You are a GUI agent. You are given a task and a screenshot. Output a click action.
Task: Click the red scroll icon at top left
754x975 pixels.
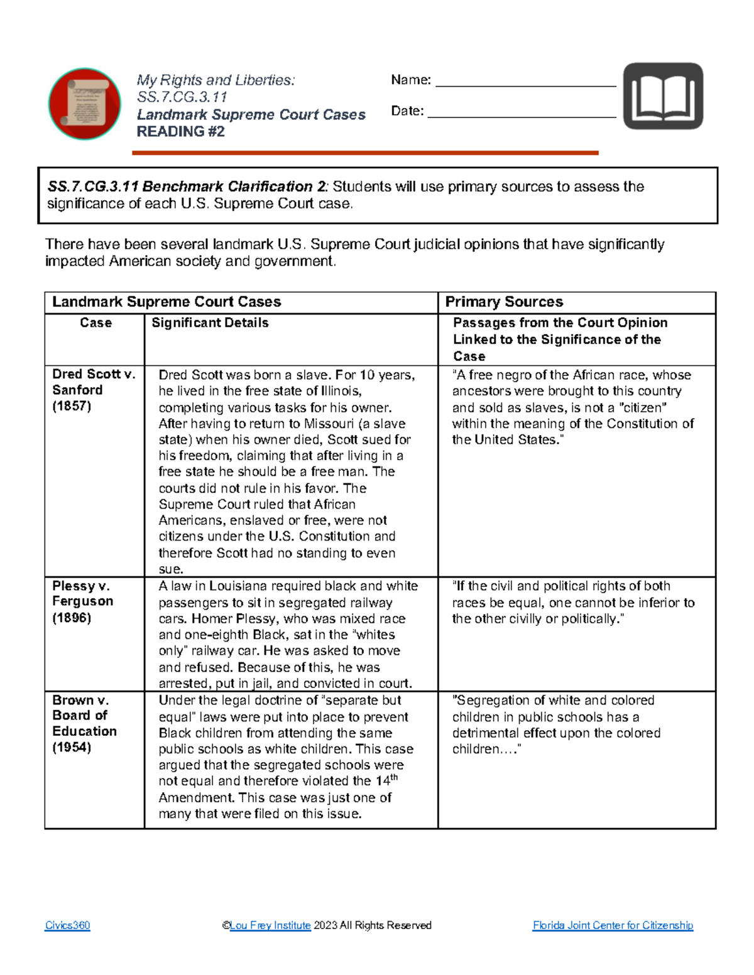point(85,104)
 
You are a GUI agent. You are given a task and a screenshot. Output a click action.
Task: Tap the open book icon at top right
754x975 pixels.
point(663,96)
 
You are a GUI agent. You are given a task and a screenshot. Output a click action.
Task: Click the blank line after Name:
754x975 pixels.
point(525,82)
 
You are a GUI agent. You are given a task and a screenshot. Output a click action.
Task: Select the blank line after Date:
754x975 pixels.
point(522,114)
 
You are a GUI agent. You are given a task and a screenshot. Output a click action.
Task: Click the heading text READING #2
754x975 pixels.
point(180,132)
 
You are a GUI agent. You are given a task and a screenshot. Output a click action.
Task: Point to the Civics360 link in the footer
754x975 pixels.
point(67,925)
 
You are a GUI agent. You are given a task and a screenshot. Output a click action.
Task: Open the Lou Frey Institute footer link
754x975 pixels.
point(270,925)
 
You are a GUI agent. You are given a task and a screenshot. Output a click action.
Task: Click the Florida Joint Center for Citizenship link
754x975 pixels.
point(613,925)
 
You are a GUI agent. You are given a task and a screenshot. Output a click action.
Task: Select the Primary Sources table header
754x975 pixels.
point(504,302)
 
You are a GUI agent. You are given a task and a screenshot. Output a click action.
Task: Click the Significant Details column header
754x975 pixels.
point(210,323)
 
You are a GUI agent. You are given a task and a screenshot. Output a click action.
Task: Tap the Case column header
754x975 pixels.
point(96,323)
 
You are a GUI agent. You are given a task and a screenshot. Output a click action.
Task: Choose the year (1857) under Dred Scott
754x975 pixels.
point(72,406)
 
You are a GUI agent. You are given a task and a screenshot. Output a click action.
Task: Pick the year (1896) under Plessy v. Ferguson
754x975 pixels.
point(72,618)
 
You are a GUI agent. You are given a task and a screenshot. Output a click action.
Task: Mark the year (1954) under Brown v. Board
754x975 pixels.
point(72,747)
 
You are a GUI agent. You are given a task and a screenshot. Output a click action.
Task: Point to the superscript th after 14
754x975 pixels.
point(395,777)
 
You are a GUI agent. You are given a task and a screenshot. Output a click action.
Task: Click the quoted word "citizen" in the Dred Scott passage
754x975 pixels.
point(643,407)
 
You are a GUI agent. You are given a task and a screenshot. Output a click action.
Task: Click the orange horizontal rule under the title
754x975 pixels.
point(364,153)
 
